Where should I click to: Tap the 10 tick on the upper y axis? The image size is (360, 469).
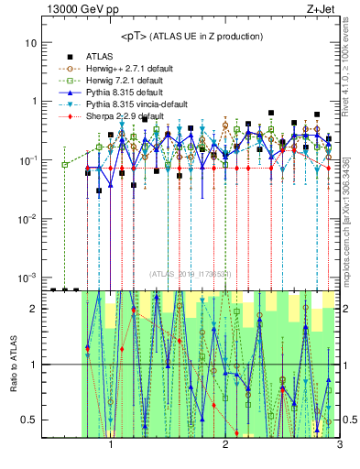(x=32, y=43)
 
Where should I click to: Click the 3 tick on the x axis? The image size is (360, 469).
(x=339, y=446)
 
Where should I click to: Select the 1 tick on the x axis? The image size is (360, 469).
(x=111, y=446)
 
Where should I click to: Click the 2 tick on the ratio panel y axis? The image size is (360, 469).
(x=35, y=309)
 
